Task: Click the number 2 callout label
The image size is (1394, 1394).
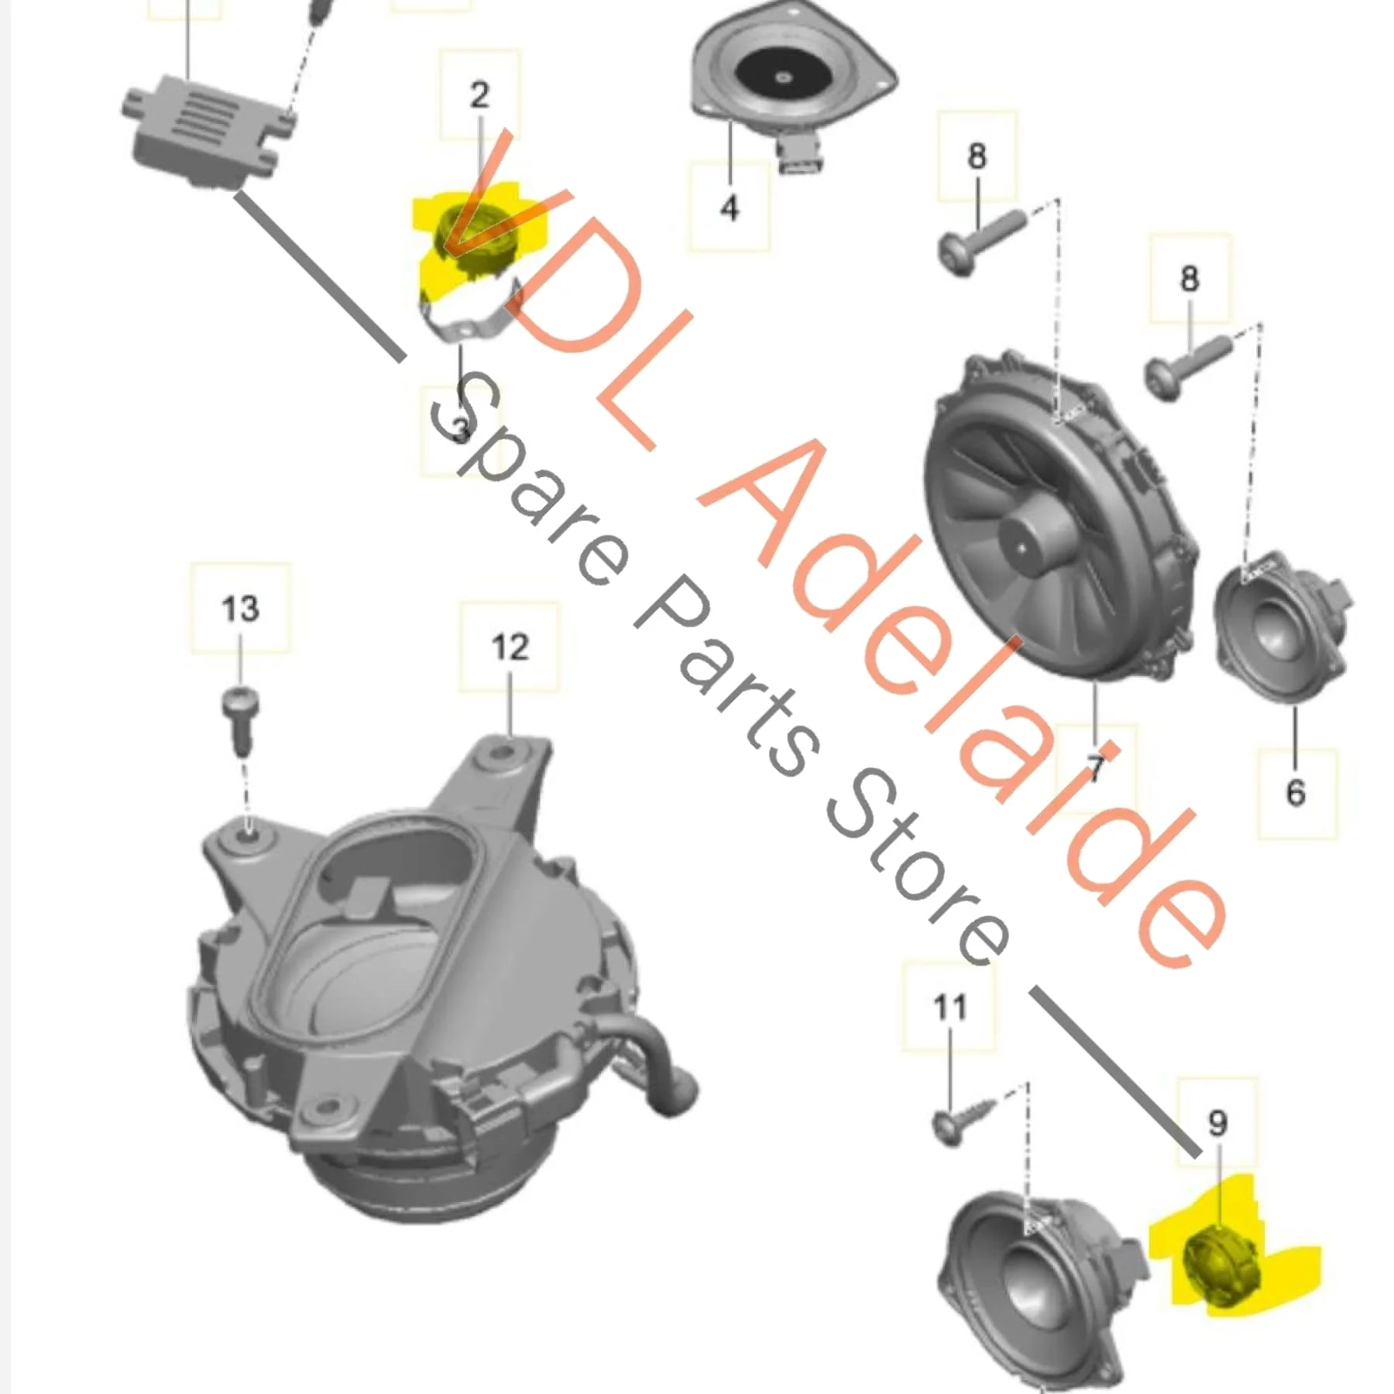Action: (479, 94)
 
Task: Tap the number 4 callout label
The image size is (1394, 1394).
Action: (730, 207)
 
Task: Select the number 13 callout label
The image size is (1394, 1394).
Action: (240, 608)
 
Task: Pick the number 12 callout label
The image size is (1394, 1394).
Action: (509, 647)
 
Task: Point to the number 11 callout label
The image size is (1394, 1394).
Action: (949, 1007)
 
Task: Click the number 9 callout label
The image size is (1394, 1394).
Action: (1217, 1122)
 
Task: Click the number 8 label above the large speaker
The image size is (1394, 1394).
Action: (977, 156)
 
